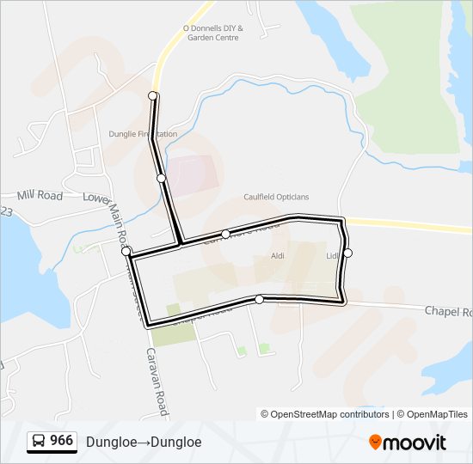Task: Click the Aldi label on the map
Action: (x=278, y=256)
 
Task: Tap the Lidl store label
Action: (x=333, y=256)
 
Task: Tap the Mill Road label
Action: (x=40, y=196)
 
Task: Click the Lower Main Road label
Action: (x=109, y=214)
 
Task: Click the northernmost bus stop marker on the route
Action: (x=153, y=95)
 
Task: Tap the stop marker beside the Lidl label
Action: (x=347, y=253)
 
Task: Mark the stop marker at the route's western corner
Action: (x=126, y=251)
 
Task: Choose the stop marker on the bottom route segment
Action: (x=259, y=299)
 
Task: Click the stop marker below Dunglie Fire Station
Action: (x=161, y=178)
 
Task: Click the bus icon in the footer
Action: (x=39, y=442)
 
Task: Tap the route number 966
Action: (x=61, y=441)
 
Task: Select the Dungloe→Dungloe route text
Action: (x=144, y=442)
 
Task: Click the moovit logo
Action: (x=408, y=442)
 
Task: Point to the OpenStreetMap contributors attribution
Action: (x=325, y=414)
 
